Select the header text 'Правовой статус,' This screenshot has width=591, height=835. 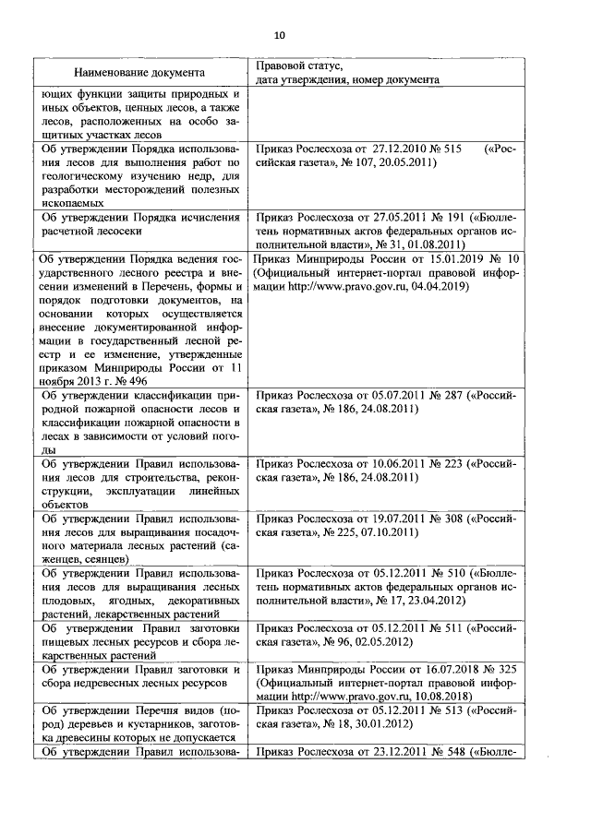pyautogui.click(x=298, y=66)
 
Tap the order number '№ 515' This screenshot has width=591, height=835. pyautogui.click(x=443, y=148)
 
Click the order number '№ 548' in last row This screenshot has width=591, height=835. pyautogui.click(x=446, y=752)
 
